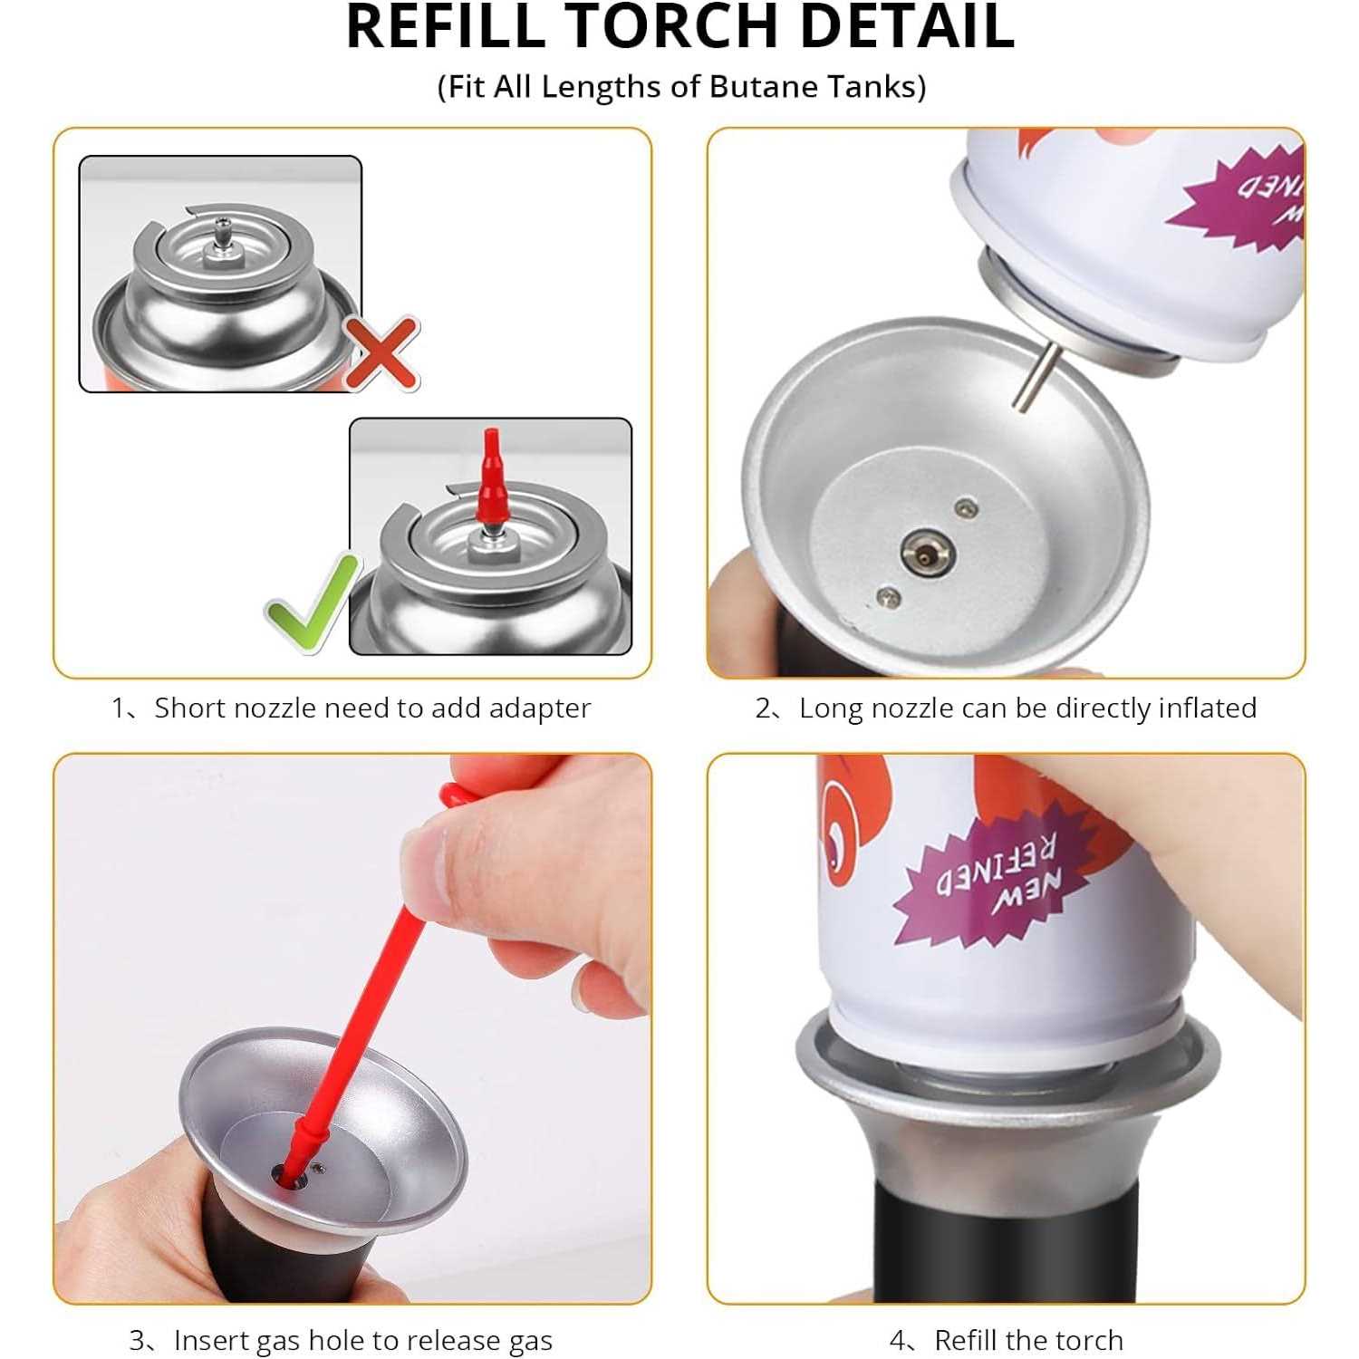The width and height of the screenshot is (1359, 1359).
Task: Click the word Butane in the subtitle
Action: [x=766, y=87]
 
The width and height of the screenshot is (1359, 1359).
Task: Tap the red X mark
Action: [x=381, y=352]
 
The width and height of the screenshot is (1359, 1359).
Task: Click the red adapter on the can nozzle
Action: [x=491, y=480]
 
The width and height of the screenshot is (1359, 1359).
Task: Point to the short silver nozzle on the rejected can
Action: [x=220, y=237]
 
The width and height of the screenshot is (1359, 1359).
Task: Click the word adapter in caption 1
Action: [x=539, y=708]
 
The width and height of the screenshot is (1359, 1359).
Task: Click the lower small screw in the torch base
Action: [x=888, y=594]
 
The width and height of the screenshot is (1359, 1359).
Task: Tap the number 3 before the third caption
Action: [x=138, y=1340]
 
